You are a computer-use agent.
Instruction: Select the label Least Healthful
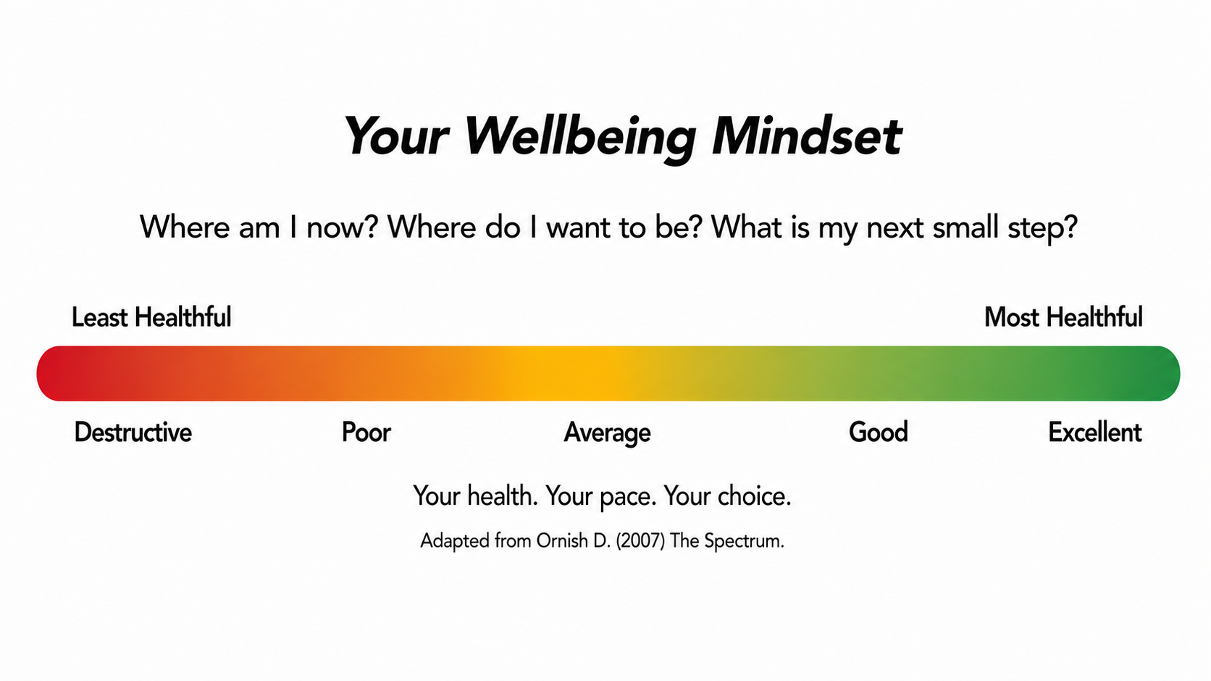(x=151, y=317)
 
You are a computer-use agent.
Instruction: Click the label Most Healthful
(x=1063, y=317)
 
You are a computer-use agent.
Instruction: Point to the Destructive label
(x=133, y=433)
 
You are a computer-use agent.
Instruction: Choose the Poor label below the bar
(x=366, y=433)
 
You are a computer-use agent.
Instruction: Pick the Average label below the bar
(x=607, y=433)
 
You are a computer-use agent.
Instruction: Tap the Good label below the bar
(x=878, y=433)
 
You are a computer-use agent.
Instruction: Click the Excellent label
(x=1095, y=433)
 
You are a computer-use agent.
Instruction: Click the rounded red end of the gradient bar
(x=54, y=374)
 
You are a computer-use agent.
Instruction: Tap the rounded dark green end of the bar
(x=1162, y=374)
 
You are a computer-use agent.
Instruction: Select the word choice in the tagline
(x=754, y=496)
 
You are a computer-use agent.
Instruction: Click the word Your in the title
(x=398, y=135)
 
